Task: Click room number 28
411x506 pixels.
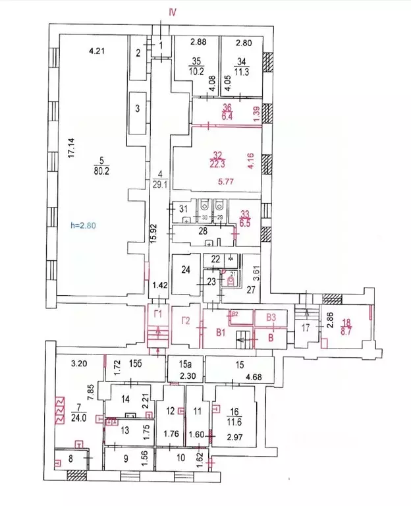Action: (x=204, y=231)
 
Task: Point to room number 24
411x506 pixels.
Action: (x=186, y=269)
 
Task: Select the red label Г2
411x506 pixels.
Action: (x=186, y=323)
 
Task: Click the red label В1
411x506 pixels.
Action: (x=221, y=333)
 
